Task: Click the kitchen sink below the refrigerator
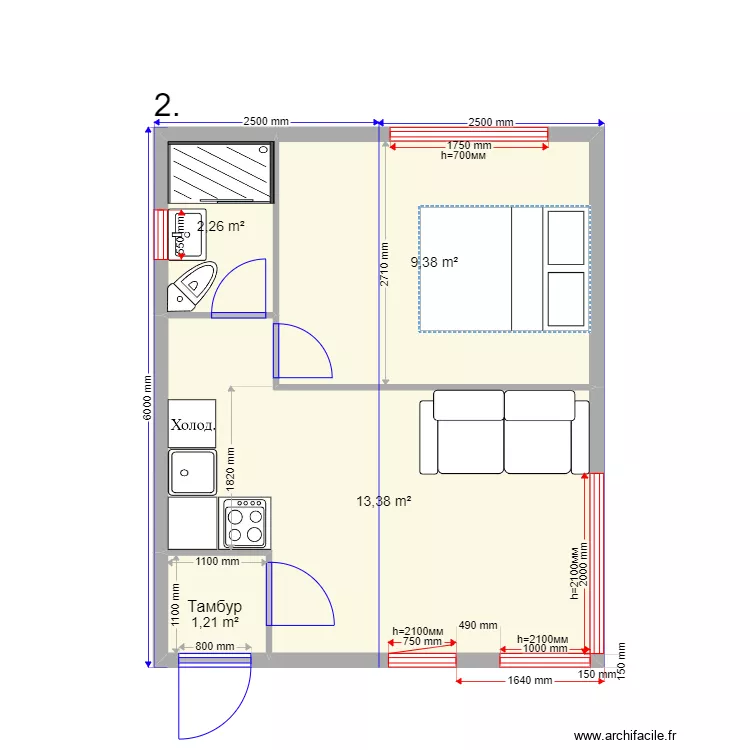(x=193, y=472)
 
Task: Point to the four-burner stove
(x=245, y=523)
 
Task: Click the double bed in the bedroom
(x=504, y=268)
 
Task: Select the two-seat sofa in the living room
(x=504, y=432)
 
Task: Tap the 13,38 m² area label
(x=384, y=501)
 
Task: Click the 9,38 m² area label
(x=435, y=263)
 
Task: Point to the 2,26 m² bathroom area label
(x=221, y=226)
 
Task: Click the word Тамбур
(x=214, y=606)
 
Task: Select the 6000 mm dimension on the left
(x=147, y=396)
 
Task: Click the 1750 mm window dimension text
(x=468, y=146)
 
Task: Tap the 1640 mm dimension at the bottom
(x=528, y=681)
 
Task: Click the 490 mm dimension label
(x=478, y=626)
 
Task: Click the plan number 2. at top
(x=167, y=106)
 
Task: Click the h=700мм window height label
(x=463, y=156)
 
